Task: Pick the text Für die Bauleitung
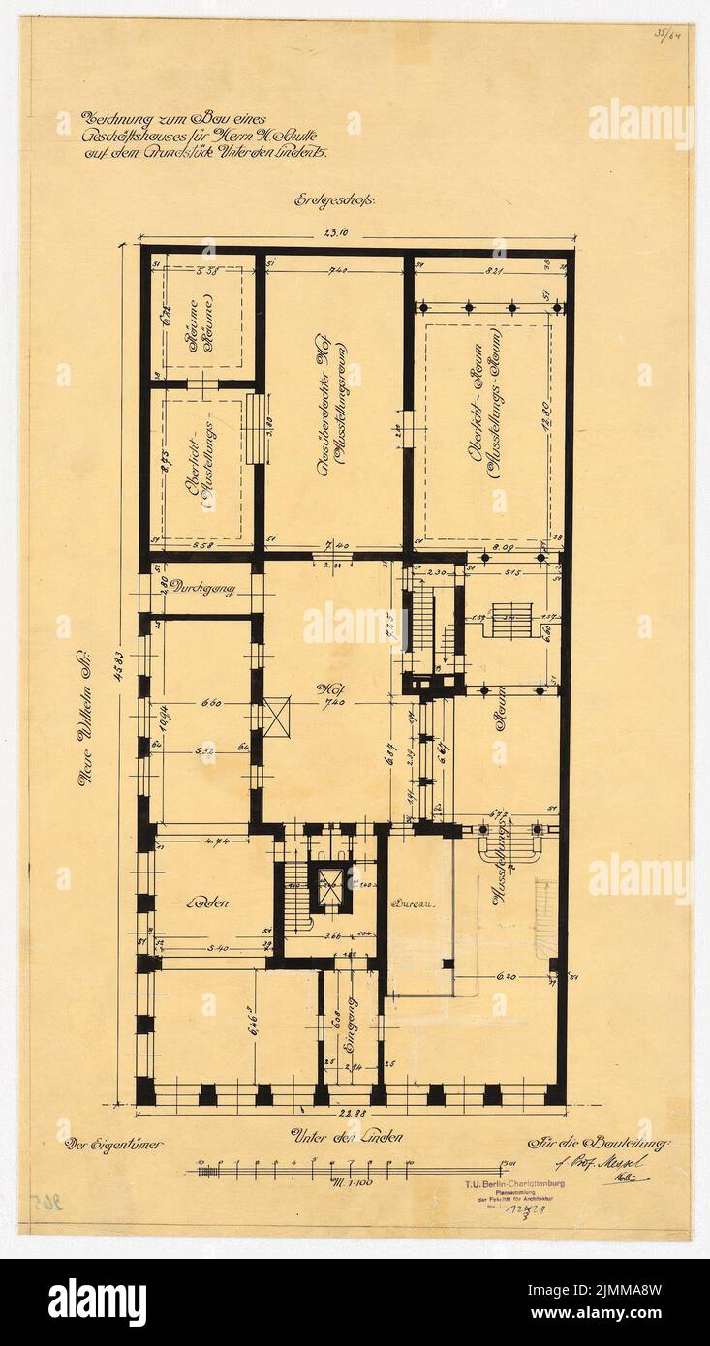599,1145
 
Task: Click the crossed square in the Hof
276,717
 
